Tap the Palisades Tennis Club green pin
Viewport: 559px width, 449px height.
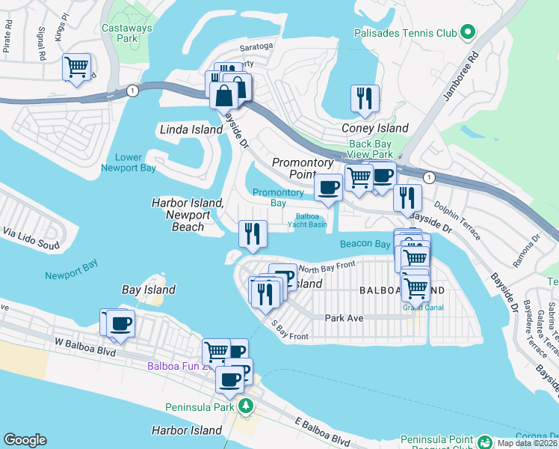[468, 32]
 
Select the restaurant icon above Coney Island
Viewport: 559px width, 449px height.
[365, 99]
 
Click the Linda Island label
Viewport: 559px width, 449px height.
[191, 129]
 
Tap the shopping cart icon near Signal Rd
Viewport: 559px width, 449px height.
[77, 67]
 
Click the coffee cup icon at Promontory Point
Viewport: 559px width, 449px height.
[328, 187]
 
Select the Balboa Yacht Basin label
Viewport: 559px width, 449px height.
[306, 220]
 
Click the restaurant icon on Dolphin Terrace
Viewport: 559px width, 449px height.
[407, 198]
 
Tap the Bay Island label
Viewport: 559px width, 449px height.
[149, 290]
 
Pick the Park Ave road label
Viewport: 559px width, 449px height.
[344, 318]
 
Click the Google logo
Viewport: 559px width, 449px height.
[25, 440]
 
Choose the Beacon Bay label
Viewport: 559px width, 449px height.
[365, 244]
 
